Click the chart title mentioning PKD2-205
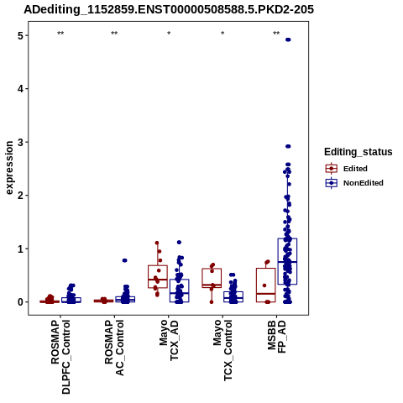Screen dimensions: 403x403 click(x=169, y=10)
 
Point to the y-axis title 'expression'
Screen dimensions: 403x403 click(x=9, y=168)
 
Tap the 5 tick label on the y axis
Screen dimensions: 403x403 click(x=20, y=35)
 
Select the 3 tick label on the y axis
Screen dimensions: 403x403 click(x=20, y=142)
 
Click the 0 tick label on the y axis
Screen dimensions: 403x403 click(x=20, y=302)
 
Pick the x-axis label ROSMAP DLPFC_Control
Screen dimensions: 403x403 click(x=60, y=357)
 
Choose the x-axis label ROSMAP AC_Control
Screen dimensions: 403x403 click(x=114, y=348)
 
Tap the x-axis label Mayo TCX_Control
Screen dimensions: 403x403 click(x=222, y=351)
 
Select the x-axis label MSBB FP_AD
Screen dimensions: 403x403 click(x=276, y=337)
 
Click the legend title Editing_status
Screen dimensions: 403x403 click(x=359, y=152)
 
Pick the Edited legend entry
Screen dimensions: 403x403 click(x=346, y=169)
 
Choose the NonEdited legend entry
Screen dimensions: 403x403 click(x=354, y=183)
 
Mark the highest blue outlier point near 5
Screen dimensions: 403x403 click(x=288, y=39)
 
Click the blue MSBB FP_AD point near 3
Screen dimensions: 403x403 click(x=288, y=146)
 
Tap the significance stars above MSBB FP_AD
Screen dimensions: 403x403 click(x=276, y=34)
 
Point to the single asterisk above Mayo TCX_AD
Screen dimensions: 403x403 click(x=169, y=34)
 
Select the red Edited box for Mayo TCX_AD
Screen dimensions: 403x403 click(x=158, y=276)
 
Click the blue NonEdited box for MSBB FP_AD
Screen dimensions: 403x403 click(x=287, y=261)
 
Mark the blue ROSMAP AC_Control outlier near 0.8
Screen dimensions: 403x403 click(x=124, y=260)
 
